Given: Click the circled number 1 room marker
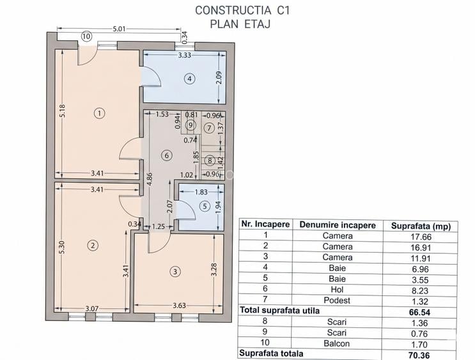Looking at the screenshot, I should click(99, 113).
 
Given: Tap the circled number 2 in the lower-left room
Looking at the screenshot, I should click(93, 245).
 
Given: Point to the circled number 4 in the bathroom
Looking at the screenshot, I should click(189, 79).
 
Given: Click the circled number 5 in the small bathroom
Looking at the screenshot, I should click(204, 206).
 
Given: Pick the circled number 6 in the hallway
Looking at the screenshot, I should click(167, 155).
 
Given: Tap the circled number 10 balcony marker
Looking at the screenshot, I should click(86, 37).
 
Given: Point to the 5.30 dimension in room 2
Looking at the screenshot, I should click(61, 248).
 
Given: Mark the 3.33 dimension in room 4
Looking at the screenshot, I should click(186, 56).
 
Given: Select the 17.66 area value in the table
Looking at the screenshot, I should click(418, 235).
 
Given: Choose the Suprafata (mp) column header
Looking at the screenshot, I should click(418, 224).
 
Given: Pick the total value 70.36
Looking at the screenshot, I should click(418, 353).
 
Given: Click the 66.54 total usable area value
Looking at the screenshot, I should click(418, 311).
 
